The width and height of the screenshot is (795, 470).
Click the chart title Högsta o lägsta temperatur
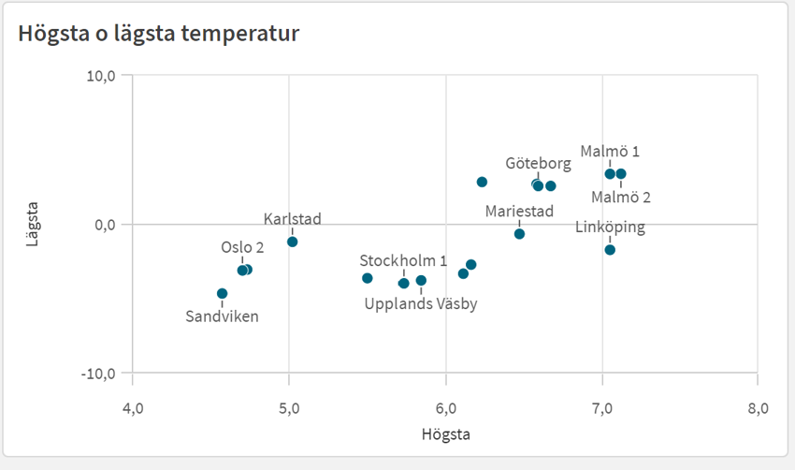click(158, 35)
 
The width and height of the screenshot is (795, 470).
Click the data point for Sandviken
click(222, 293)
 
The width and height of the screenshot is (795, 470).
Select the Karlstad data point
click(292, 242)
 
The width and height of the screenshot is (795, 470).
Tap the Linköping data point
click(610, 249)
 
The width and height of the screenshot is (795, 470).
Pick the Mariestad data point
click(519, 234)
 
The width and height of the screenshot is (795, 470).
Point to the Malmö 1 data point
click(610, 173)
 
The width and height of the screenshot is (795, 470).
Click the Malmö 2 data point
click(621, 174)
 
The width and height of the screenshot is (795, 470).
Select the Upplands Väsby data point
click(421, 280)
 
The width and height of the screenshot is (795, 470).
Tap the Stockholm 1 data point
click(404, 283)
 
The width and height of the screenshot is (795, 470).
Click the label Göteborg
click(538, 163)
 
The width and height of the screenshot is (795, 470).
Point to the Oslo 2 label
click(242, 248)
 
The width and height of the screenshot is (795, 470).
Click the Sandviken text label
click(222, 316)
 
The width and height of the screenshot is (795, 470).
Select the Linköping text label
click(610, 227)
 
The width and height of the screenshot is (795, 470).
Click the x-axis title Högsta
click(445, 435)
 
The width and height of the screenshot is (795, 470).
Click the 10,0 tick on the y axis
click(100, 76)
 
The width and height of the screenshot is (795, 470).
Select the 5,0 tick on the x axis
click(289, 408)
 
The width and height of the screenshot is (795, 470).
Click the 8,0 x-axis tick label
click(757, 408)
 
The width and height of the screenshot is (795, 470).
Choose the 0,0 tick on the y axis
click(103, 225)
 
